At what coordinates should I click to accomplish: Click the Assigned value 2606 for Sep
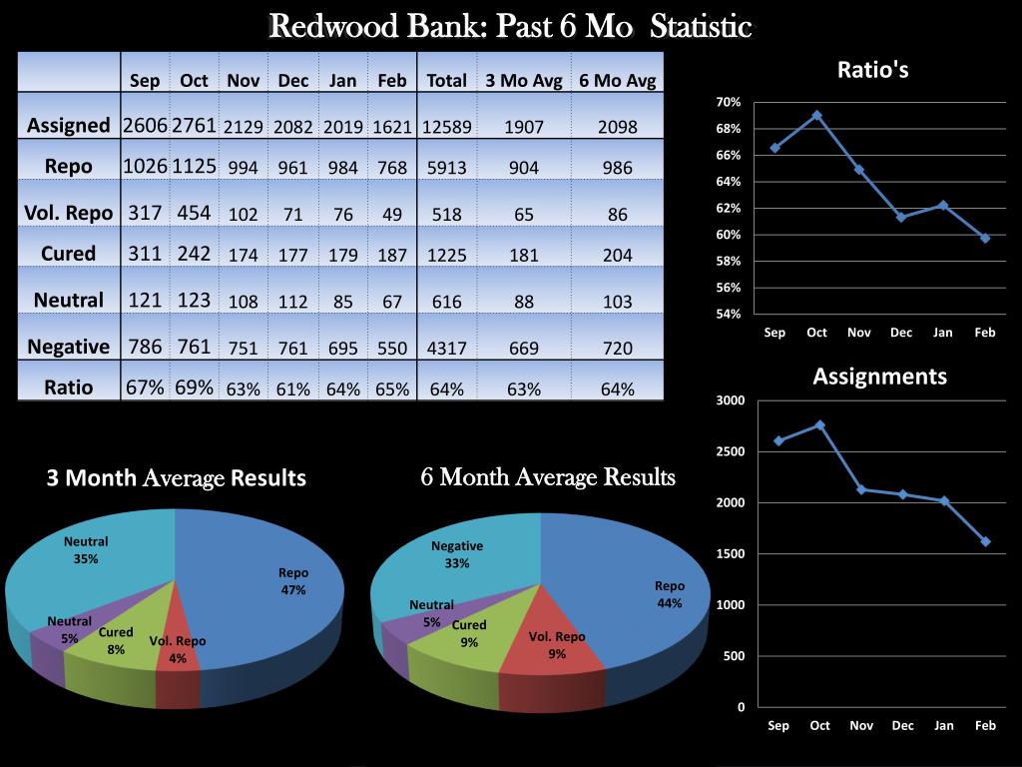[145, 125]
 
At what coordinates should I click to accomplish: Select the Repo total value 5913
[446, 168]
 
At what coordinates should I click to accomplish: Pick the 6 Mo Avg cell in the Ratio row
[617, 389]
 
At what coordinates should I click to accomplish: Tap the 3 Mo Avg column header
[524, 81]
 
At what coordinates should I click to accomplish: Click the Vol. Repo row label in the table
[68, 212]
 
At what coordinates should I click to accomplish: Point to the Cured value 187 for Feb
[392, 255]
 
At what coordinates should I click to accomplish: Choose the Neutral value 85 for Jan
[342, 302]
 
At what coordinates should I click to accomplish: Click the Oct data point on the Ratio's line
[816, 115]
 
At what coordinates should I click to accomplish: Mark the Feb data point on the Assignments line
[985, 541]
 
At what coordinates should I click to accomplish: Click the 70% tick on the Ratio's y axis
[728, 102]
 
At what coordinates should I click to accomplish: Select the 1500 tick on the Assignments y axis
[731, 553]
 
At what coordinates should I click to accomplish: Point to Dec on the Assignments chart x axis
[902, 726]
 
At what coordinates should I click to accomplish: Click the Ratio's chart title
[872, 70]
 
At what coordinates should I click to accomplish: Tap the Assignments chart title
[879, 377]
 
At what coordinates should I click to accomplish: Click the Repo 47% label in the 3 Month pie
[293, 581]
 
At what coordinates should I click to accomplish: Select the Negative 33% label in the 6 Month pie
[457, 554]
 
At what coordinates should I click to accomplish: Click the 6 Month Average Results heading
[548, 477]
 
